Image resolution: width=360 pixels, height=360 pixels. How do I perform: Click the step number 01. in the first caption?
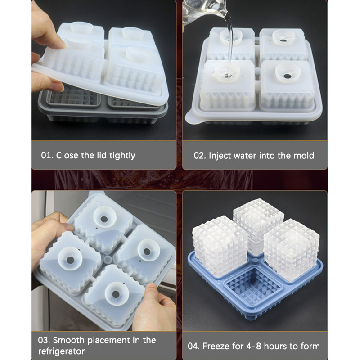47,155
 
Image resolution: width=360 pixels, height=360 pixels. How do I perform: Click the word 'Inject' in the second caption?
219,156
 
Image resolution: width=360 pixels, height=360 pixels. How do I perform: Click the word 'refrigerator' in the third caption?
61,351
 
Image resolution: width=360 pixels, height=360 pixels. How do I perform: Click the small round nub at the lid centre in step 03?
107,260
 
